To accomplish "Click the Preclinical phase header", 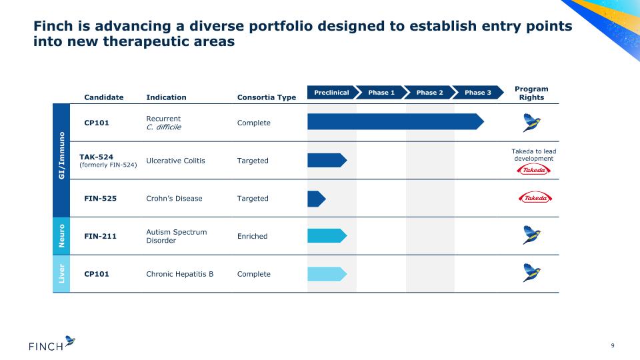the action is [331, 92].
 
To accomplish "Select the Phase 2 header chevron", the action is [429, 92].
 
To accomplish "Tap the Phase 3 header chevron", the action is [477, 92].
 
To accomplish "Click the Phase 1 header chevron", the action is [381, 92].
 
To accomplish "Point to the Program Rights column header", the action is [531, 93].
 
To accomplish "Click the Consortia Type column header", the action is [267, 97].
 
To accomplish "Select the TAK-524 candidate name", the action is [96, 157].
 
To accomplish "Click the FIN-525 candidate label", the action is [101, 199].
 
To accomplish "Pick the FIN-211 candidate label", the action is [101, 236].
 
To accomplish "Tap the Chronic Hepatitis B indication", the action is [179, 274].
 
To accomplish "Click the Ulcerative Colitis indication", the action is [175, 161].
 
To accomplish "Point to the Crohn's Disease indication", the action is [174, 199].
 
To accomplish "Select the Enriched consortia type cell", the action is [252, 236].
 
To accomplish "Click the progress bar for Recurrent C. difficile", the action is [395, 121].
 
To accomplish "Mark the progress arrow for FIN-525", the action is [316, 199].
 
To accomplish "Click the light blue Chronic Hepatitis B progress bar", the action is [327, 274].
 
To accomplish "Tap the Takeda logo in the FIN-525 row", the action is [535, 198].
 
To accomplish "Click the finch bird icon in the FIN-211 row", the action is [531, 235].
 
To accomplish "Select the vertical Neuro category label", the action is [61, 236].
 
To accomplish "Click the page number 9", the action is [612, 345].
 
